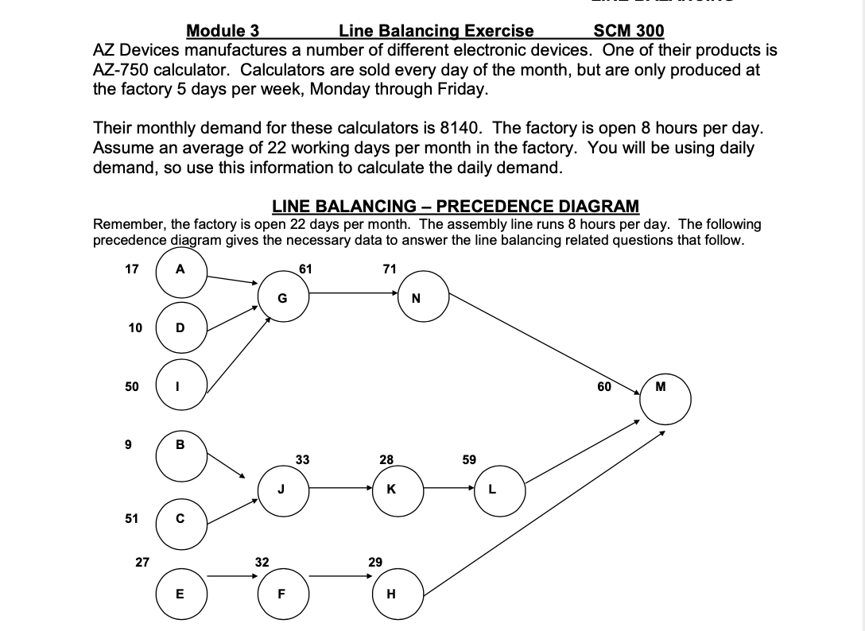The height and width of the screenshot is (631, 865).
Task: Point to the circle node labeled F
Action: coord(281,593)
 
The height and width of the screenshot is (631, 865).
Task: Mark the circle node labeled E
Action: coord(180,593)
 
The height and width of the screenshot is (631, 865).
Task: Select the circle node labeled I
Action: coord(180,386)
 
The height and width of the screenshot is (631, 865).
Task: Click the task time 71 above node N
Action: coord(389,269)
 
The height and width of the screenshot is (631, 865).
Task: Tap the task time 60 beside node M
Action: coord(605,387)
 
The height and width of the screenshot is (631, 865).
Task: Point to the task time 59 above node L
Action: coord(469,459)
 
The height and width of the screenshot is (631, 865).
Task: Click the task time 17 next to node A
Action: coord(133,269)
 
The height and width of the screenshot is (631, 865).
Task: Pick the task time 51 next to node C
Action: coord(132,518)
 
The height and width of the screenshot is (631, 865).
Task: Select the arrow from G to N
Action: coord(354,293)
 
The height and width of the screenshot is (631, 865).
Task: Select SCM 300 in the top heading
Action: coord(629,31)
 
